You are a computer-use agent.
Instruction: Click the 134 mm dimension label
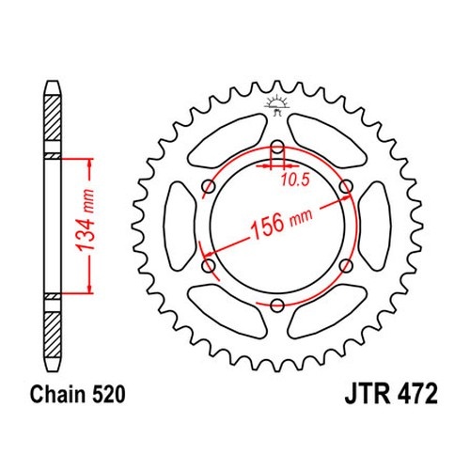pyautogui.click(x=86, y=220)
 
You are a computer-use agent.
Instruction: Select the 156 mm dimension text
pyautogui.click(x=281, y=222)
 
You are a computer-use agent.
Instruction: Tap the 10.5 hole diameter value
pyautogui.click(x=295, y=180)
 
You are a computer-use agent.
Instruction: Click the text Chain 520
pyautogui.click(x=77, y=394)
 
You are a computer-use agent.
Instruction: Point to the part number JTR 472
pyautogui.click(x=391, y=394)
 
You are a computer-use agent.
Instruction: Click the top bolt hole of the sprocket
pyautogui.click(x=277, y=147)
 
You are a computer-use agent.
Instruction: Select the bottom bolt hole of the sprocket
pyautogui.click(x=277, y=305)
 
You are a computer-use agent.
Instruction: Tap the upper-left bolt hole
pyautogui.click(x=209, y=187)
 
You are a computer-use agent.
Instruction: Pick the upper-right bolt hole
pyautogui.click(x=346, y=187)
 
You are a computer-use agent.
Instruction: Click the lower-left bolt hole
pyautogui.click(x=209, y=266)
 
